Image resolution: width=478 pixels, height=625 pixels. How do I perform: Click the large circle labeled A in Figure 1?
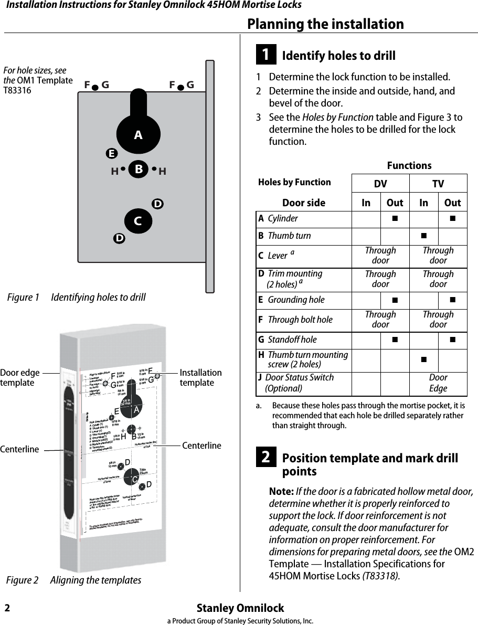[x=137, y=135]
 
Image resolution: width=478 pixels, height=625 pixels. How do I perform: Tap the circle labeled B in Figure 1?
[x=139, y=170]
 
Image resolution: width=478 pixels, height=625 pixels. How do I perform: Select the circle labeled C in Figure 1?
[x=138, y=221]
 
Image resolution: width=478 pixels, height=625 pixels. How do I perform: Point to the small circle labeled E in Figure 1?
[x=110, y=154]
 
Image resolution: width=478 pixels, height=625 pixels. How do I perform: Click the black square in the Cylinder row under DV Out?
[x=395, y=218]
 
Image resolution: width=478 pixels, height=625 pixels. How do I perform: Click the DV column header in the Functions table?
[x=380, y=184]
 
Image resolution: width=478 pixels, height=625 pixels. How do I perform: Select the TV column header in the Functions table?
[x=438, y=184]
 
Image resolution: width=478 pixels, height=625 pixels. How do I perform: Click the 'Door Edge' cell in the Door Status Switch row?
[x=438, y=383]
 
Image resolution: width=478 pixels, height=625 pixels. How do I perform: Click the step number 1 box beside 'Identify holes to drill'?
[x=266, y=55]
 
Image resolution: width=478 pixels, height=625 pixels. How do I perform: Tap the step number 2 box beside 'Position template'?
[x=266, y=458]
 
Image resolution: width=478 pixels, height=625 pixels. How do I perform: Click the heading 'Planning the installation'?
[x=325, y=24]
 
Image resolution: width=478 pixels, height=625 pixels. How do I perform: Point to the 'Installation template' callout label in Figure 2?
[x=200, y=377]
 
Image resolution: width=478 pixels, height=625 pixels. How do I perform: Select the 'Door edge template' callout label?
[x=20, y=378]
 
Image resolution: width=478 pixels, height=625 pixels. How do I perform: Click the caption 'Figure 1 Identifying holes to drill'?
[x=77, y=298]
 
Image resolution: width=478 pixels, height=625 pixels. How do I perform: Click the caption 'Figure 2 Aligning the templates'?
[x=74, y=580]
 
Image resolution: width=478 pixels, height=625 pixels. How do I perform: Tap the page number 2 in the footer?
[x=7, y=608]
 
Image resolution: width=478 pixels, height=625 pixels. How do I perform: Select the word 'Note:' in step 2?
[x=281, y=492]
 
